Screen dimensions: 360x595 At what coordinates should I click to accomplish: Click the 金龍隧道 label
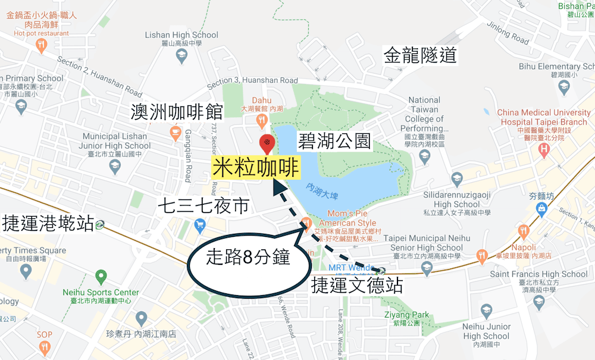tap(420, 55)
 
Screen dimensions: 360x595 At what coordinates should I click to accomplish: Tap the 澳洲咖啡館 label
tap(177, 111)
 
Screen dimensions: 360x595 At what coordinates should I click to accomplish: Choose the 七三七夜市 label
tap(203, 206)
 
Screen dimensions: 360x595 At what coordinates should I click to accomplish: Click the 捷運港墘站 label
tap(48, 224)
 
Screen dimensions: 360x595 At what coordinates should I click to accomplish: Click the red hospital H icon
tap(543, 151)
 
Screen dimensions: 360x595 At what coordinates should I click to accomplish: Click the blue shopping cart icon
tap(200, 224)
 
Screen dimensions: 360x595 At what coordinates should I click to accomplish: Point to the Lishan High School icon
tap(182, 56)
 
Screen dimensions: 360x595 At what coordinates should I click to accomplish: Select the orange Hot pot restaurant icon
tap(41, 45)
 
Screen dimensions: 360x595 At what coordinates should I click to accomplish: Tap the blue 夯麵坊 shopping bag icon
tap(541, 208)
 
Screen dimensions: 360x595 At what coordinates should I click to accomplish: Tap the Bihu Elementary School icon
tap(565, 87)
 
